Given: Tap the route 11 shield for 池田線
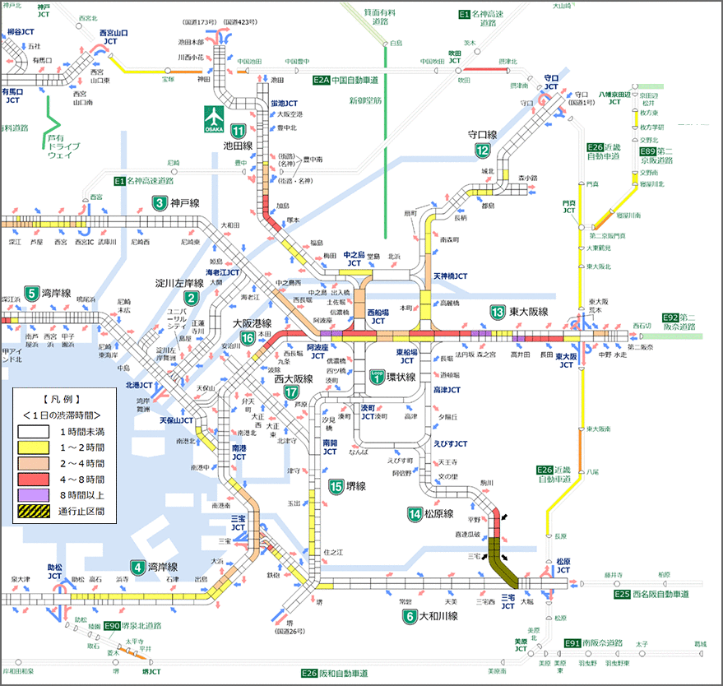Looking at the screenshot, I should click(x=239, y=131).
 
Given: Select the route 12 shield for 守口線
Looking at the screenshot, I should click(x=482, y=150).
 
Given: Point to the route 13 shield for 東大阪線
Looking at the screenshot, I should click(x=498, y=313).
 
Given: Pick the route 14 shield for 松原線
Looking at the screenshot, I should click(x=415, y=514).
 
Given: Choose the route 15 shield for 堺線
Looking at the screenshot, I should click(x=335, y=486).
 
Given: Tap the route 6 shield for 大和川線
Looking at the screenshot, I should click(x=409, y=615).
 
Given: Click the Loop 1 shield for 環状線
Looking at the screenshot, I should click(x=377, y=376).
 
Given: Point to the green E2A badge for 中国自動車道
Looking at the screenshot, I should click(x=321, y=80).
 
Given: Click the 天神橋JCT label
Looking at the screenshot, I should click(x=450, y=276).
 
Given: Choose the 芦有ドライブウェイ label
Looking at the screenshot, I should click(x=60, y=146).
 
